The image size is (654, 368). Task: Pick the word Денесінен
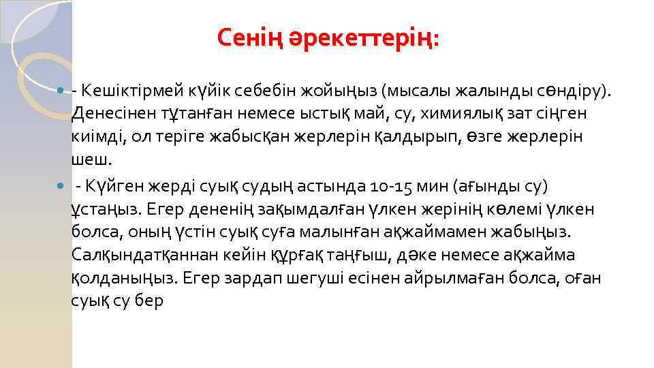112,112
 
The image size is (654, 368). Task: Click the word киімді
97,136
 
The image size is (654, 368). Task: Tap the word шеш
89,159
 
